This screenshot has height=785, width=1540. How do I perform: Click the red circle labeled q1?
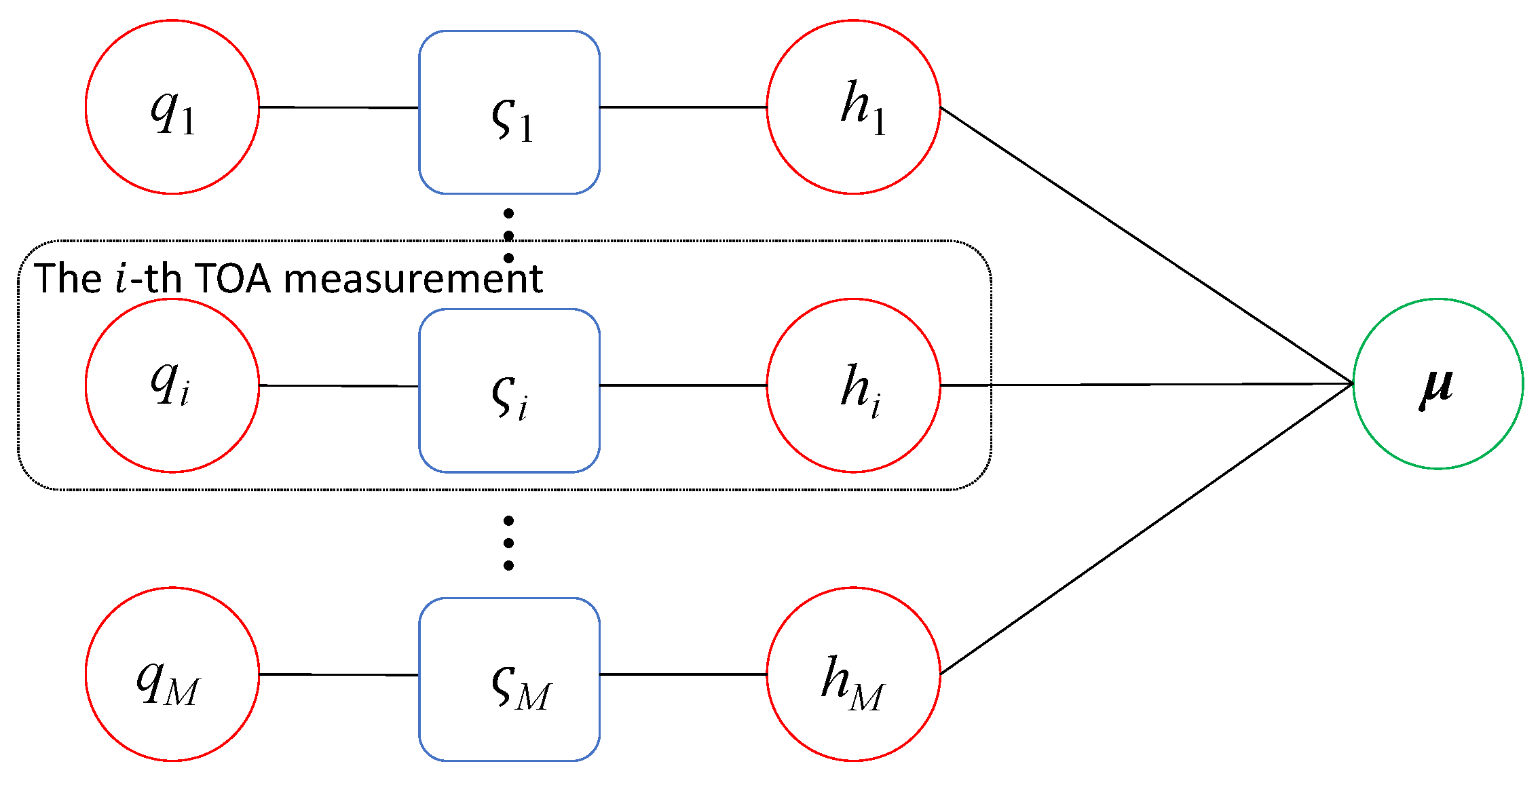[172, 107]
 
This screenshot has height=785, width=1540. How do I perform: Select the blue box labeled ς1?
[509, 112]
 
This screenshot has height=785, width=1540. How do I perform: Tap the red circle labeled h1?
[853, 107]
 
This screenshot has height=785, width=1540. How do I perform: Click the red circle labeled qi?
[172, 385]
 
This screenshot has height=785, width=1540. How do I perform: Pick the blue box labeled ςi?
[509, 390]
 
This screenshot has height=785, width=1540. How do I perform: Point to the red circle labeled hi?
[853, 385]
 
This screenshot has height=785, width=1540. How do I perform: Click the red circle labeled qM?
[172, 674]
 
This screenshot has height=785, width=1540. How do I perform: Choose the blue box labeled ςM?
[509, 679]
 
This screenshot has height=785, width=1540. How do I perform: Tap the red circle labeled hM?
[853, 674]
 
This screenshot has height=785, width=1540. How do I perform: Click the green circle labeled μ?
[1438, 383]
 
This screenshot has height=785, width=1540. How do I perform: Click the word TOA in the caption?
[233, 278]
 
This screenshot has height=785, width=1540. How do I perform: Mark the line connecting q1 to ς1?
[339, 107]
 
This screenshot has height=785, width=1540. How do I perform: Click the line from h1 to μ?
[1147, 246]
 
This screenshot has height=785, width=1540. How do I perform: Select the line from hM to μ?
[1147, 529]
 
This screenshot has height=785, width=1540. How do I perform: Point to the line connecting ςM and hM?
[683, 674]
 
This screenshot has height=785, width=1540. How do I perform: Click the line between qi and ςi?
[339, 385]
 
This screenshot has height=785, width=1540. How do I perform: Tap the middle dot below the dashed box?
[508, 543]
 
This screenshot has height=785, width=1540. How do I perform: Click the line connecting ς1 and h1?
[683, 107]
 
